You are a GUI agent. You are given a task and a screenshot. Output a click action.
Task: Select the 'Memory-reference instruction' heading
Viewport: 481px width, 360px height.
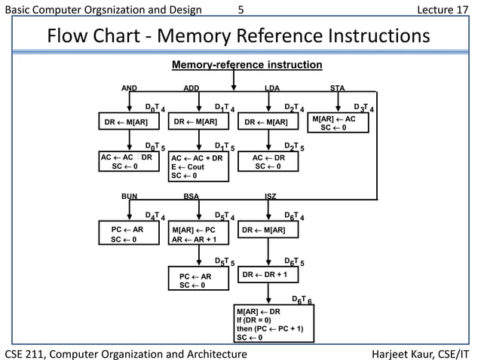[247, 66]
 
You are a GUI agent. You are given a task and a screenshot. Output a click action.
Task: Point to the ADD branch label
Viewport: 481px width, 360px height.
[191, 88]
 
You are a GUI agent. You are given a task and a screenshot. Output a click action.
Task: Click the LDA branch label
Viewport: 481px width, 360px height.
[272, 88]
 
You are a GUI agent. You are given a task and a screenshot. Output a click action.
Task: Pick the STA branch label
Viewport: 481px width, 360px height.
[337, 88]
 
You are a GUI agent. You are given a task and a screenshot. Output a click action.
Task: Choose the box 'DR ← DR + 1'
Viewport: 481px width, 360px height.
[268, 276]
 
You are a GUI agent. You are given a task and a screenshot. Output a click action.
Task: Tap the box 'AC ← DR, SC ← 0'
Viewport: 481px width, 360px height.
[268, 162]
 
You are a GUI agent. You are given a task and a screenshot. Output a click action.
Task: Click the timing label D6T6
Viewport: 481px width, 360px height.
[302, 300]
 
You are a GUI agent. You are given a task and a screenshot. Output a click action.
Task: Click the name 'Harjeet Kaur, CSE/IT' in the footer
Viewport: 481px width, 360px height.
[423, 352]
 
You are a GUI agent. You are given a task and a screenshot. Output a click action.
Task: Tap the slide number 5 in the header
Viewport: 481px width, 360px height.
[240, 10]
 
